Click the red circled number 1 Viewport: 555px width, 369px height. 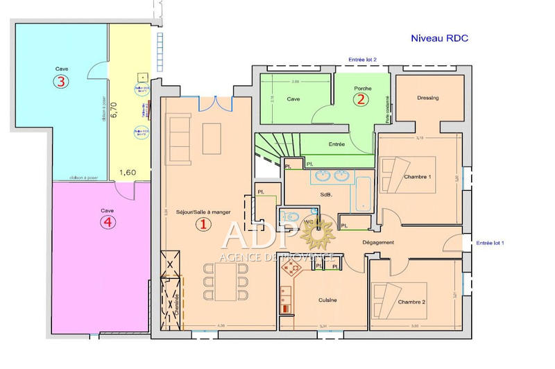tap(203, 224)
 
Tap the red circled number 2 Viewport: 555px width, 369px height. tap(360, 99)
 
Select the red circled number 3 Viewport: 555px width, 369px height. tap(62, 82)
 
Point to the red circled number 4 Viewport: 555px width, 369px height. tap(106, 222)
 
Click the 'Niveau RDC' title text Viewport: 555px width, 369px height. tap(440, 39)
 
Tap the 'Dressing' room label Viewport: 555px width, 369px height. tap(428, 98)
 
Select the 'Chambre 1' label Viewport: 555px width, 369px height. tap(418, 177)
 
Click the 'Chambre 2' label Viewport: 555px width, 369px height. tap(412, 302)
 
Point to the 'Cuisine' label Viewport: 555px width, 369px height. tap(327, 300)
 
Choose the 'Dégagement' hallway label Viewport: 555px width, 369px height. tap(378, 242)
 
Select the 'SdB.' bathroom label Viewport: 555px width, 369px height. tap(325, 195)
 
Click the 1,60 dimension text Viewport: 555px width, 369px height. tap(127, 171)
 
